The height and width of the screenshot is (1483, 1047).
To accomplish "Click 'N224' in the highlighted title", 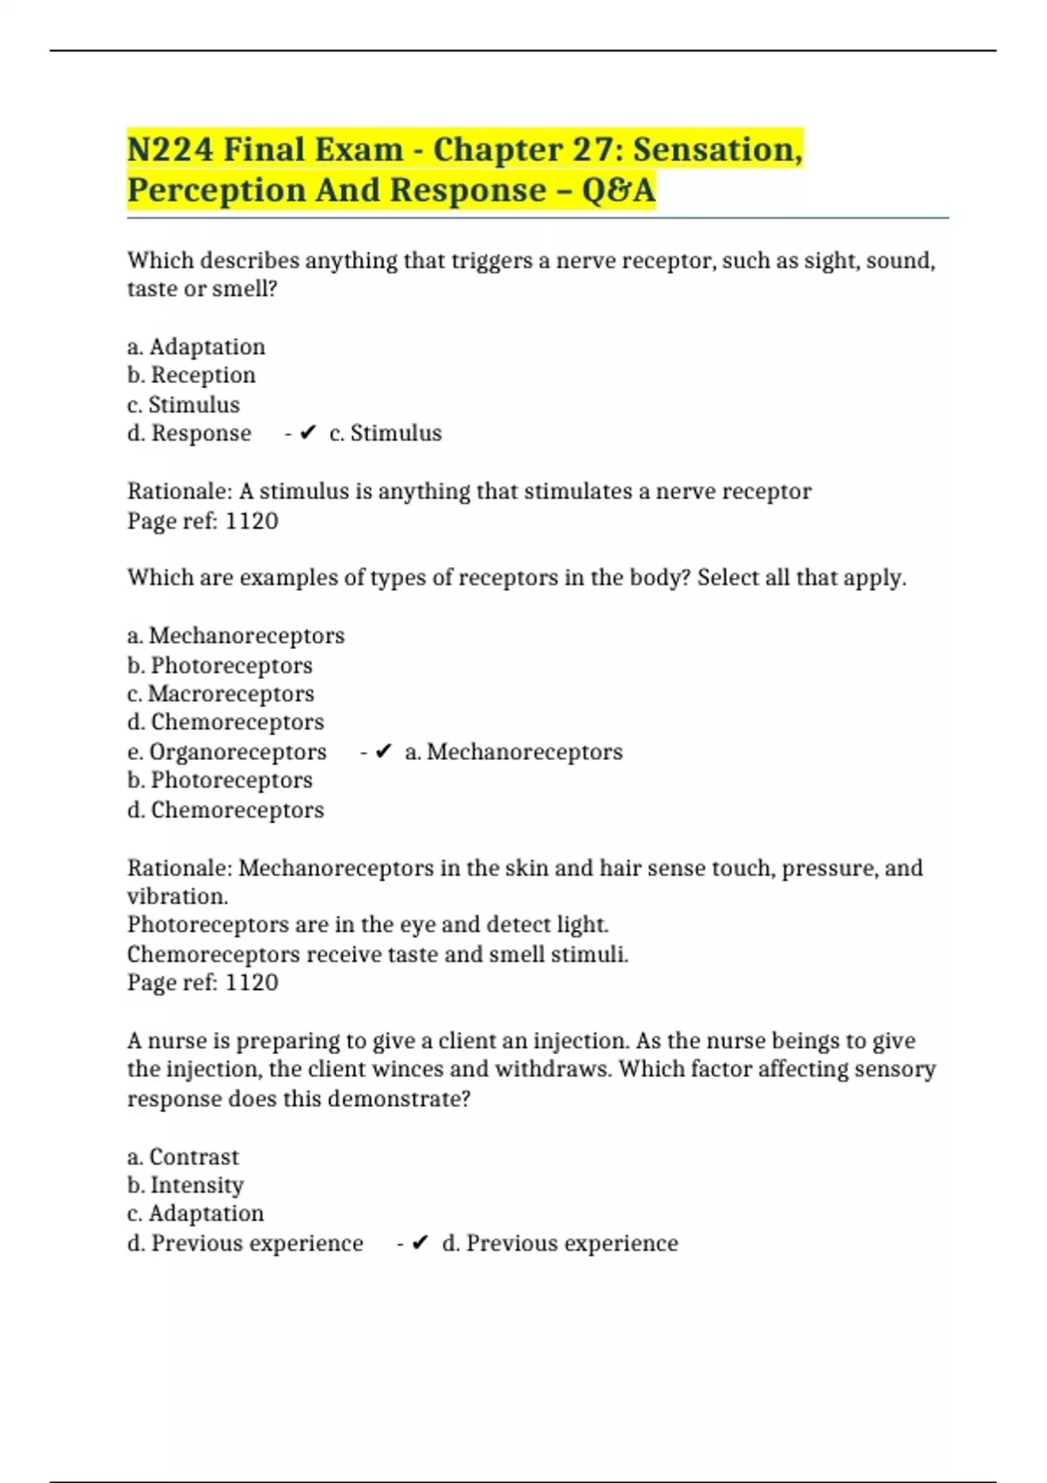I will pos(170,149).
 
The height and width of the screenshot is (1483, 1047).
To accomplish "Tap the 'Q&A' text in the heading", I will pos(618,190).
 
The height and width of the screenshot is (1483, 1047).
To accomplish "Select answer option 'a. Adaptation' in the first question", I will pos(196,347).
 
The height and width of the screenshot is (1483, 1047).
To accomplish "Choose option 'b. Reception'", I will pos(191,375).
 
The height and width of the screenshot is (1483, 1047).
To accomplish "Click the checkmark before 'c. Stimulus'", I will pos(307,433).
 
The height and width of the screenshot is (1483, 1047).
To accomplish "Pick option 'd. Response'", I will pos(189,434).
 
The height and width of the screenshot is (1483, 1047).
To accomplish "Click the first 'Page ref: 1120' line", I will pos(202,521).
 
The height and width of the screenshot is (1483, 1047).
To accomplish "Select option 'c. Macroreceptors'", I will pos(221,694).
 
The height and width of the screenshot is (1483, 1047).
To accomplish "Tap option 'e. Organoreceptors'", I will pos(227,752).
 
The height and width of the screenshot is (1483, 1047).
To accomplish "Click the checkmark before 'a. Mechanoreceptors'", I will pos(383,752).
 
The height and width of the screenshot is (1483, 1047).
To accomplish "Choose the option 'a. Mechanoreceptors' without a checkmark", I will pos(236,636).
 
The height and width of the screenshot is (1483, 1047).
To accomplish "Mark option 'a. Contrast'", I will pos(182,1157).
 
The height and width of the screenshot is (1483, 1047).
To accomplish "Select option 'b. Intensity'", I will pos(185,1186).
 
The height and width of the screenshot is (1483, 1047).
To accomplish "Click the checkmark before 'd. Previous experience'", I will pos(420,1243).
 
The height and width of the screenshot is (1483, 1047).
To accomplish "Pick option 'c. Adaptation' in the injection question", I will pos(195,1213).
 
